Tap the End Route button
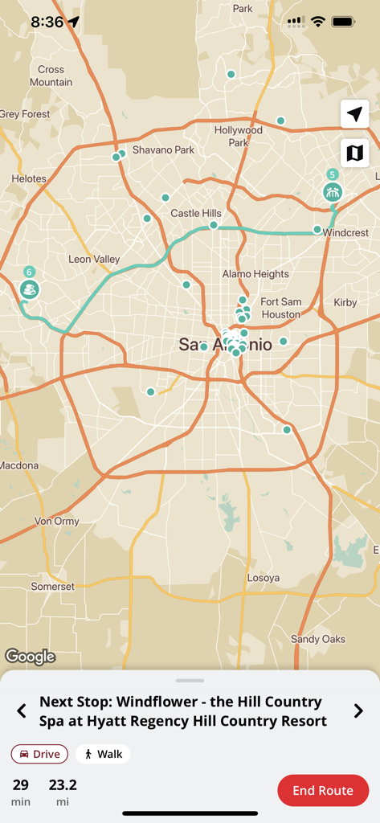click(323, 790)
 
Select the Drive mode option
click(40, 754)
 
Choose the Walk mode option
click(103, 754)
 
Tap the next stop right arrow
click(358, 711)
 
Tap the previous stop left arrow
click(22, 711)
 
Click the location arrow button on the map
click(354, 114)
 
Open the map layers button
click(354, 152)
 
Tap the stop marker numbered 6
click(30, 289)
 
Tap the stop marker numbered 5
click(333, 191)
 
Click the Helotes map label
click(29, 178)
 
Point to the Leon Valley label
click(94, 259)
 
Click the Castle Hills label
click(196, 213)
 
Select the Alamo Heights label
click(255, 274)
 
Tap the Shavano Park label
click(163, 149)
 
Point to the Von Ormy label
click(57, 521)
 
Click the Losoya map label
click(264, 578)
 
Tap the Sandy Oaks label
click(318, 639)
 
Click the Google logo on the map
click(31, 657)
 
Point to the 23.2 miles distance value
click(63, 784)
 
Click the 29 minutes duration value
click(21, 784)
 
